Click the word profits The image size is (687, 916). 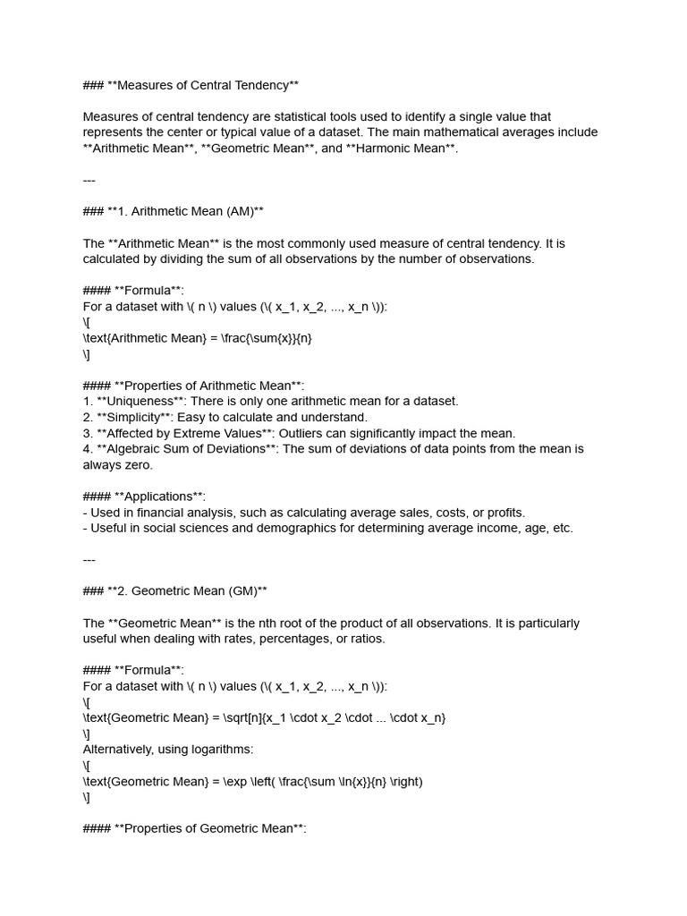504,513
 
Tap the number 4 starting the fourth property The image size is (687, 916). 87,449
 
